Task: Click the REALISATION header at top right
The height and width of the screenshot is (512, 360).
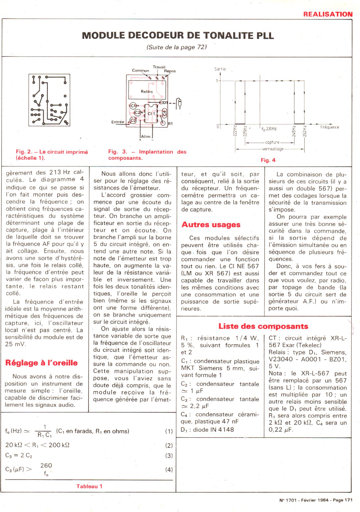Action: point(328,14)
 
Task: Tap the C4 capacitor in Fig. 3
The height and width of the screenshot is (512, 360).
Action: point(164,112)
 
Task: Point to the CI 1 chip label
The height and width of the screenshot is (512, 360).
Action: point(151,113)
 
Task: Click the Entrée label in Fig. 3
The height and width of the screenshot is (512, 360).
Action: point(118,122)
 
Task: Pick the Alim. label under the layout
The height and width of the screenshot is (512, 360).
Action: point(146,136)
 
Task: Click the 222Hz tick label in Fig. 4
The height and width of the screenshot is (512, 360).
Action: point(235,131)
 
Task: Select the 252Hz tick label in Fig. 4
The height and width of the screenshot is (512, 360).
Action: point(305,131)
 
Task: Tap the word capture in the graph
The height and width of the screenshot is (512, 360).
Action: point(272,142)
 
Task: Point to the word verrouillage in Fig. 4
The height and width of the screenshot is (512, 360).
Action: point(273,149)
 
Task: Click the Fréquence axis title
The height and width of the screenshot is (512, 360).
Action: point(330,127)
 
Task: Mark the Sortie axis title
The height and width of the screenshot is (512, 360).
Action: point(220,69)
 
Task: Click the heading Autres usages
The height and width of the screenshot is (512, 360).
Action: point(211,225)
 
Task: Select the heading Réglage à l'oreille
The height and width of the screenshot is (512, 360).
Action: point(41,363)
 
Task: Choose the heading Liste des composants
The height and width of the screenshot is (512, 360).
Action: point(263,326)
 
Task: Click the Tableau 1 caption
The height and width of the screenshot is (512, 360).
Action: point(89,486)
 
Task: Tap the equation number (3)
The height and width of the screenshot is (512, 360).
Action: point(169,456)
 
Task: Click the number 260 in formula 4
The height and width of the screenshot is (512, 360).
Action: point(46,465)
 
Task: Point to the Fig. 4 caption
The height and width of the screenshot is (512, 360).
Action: point(268,160)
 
